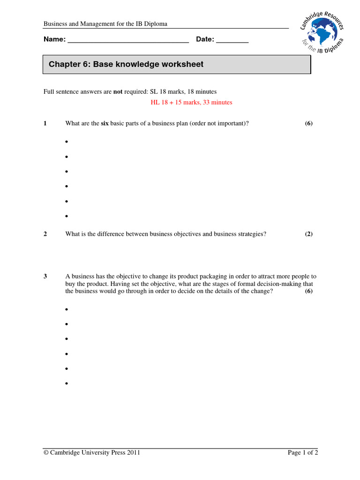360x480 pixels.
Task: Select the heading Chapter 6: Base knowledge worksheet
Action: tap(126, 64)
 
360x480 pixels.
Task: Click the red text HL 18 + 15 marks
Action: tap(191, 102)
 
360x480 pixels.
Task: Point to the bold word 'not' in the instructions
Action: tap(118, 91)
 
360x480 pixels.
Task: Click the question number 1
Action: tap(45, 123)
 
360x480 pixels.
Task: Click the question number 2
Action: tap(45, 234)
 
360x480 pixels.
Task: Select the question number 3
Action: tap(45, 277)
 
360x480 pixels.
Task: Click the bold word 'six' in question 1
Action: tap(105, 123)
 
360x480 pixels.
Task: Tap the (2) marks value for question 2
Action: tap(308, 234)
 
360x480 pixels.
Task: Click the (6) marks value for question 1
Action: tap(308, 123)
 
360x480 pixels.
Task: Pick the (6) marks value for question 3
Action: tap(308, 291)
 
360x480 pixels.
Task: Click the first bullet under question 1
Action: tap(67, 142)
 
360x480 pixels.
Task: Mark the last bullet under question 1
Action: tap(67, 217)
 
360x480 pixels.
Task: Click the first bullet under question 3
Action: tap(67, 310)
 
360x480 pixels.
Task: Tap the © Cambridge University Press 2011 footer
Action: tap(92, 452)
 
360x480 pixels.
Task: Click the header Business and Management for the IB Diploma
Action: tap(105, 24)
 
